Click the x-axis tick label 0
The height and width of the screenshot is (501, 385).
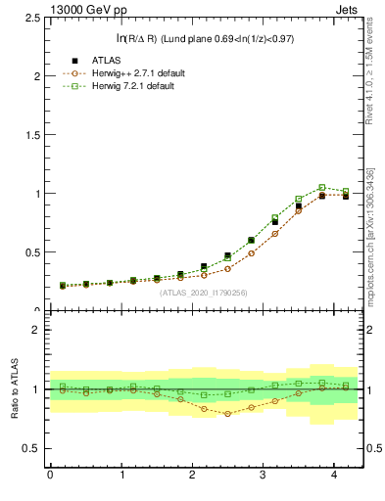pyautogui.click(x=50, y=475)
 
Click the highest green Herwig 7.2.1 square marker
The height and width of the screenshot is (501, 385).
pyautogui.click(x=321, y=187)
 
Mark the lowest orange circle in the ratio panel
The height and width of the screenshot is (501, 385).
pyautogui.click(x=228, y=414)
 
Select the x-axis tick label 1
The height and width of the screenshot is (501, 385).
pyautogui.click(x=121, y=475)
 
